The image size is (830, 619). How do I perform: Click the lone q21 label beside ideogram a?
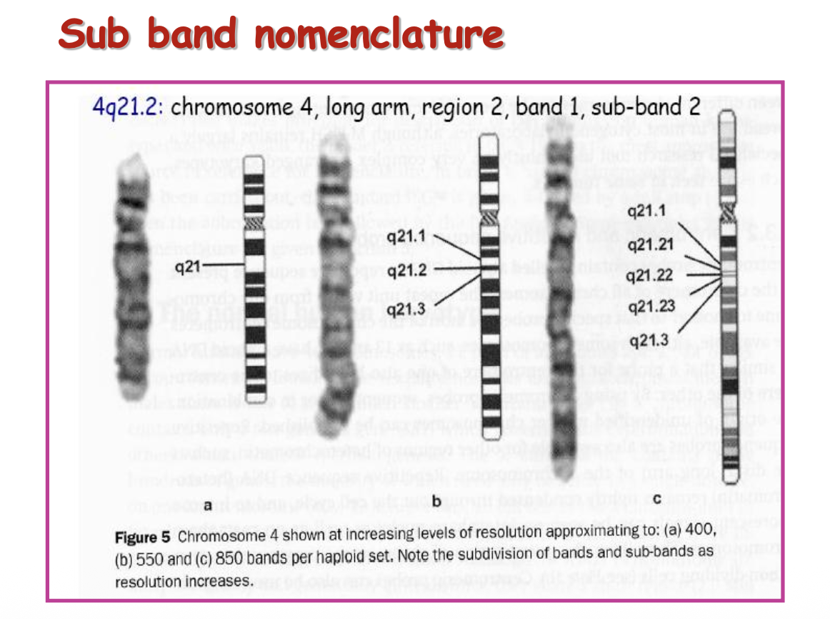[x=188, y=267]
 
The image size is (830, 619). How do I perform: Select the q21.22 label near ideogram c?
[x=649, y=274]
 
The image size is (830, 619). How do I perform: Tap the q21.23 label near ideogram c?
[x=649, y=307]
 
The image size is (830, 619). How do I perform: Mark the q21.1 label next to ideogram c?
[x=646, y=211]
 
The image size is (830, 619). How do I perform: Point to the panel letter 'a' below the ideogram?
[x=208, y=505]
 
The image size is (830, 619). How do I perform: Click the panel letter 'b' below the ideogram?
[x=436, y=501]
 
